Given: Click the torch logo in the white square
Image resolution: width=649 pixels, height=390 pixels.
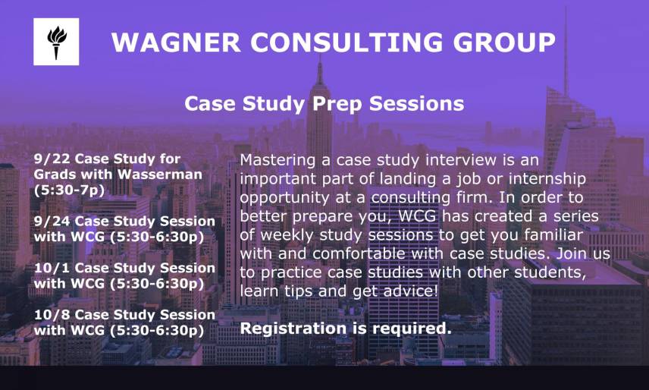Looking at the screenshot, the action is [x=56, y=42].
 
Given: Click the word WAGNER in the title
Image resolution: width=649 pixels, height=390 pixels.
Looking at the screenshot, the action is [x=176, y=42].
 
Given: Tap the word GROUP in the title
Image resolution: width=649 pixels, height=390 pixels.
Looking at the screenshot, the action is [x=504, y=42].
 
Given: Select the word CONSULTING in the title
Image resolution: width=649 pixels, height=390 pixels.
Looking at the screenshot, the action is [x=346, y=42].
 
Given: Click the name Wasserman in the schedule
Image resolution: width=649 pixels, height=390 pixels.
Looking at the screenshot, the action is [x=160, y=175].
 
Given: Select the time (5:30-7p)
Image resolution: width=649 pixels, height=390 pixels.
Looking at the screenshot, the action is [x=70, y=190].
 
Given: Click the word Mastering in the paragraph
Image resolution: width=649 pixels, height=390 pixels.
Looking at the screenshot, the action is [x=277, y=161].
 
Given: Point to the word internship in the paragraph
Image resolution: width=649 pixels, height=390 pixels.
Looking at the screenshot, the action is [x=547, y=179].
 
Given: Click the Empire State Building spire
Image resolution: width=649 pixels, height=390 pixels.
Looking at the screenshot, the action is [x=319, y=71].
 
